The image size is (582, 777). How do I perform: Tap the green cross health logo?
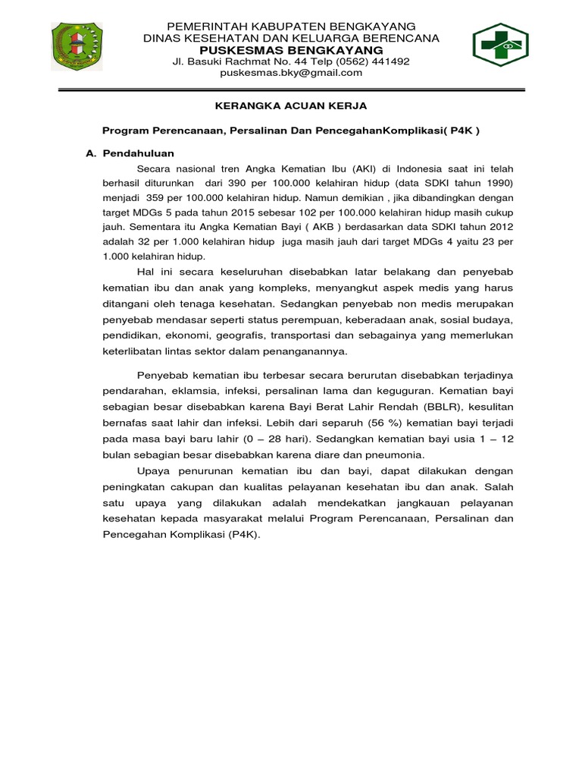click(502, 46)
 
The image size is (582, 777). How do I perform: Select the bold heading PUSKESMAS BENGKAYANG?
click(291, 49)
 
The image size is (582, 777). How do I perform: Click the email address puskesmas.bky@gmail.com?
click(291, 73)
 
